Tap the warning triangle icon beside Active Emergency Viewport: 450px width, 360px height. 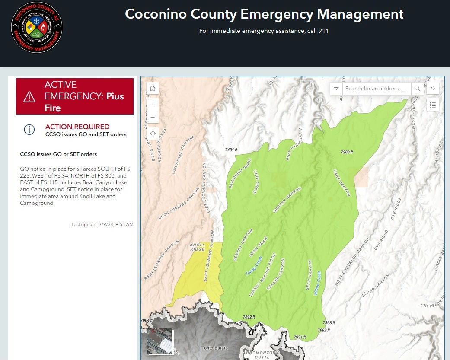29,96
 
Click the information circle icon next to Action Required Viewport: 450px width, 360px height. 29,129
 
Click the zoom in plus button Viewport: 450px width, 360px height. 153,105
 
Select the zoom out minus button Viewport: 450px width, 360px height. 153,118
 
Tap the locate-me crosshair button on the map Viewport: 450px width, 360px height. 153,134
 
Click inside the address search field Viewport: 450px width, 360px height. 375,89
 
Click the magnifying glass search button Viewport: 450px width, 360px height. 417,89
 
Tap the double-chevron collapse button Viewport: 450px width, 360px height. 433,89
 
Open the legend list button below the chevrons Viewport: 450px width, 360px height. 433,105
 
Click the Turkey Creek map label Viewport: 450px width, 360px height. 254,266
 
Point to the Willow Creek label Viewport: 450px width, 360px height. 317,283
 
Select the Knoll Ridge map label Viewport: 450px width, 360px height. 198,247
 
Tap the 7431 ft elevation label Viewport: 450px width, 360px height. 232,150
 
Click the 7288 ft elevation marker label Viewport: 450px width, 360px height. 347,152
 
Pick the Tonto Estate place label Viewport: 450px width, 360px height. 215,348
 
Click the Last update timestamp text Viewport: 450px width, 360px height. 102,224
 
